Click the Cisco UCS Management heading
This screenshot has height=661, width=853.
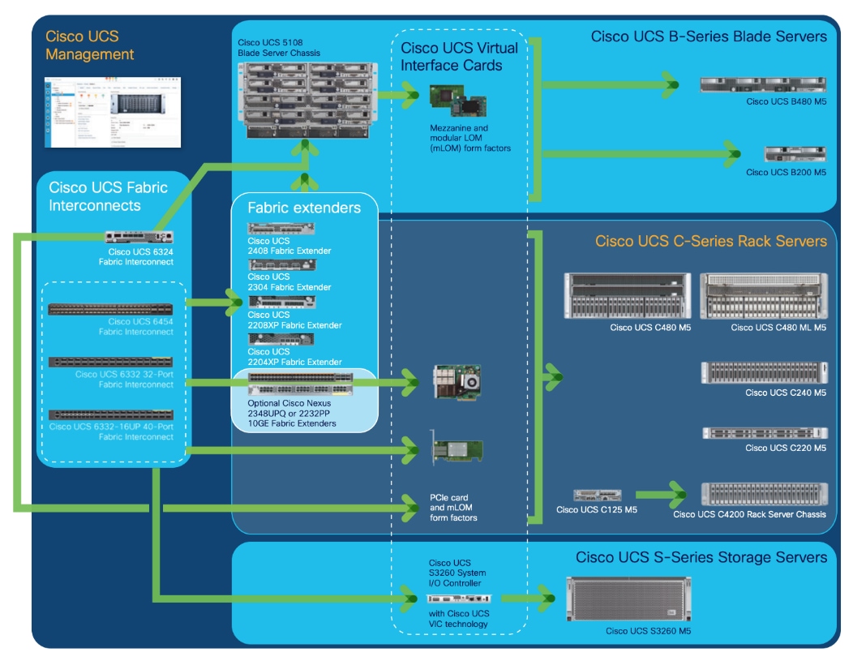[x=89, y=45]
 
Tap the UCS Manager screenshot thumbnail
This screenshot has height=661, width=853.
[x=114, y=112]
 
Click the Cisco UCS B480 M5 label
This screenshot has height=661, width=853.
[x=786, y=101]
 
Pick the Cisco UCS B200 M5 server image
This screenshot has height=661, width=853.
[x=795, y=154]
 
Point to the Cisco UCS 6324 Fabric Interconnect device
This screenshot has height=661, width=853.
[x=139, y=237]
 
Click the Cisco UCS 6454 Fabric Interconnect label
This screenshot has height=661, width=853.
[x=136, y=327]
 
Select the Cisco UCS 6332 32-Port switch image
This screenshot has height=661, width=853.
[x=110, y=362]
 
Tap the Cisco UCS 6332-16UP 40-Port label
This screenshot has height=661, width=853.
[x=111, y=431]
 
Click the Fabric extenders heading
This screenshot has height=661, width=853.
[x=304, y=208]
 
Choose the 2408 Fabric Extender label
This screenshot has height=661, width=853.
[x=289, y=247]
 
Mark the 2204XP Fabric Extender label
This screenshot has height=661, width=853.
[x=294, y=357]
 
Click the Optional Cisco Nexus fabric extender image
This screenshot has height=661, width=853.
[x=300, y=383]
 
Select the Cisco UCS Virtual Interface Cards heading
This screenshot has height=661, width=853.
[x=459, y=57]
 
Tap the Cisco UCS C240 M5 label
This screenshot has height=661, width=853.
[x=786, y=393]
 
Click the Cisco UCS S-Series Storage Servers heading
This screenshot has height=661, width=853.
[x=701, y=557]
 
